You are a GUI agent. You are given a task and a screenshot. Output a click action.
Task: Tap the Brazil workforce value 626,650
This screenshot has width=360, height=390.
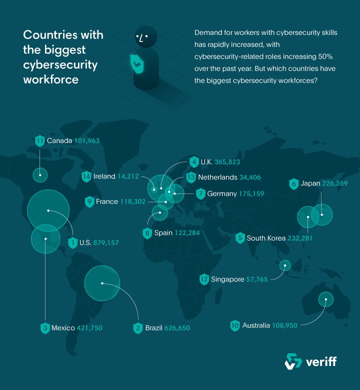click(174, 328)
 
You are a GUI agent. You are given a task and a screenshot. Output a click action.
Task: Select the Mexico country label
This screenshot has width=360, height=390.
click(63, 328)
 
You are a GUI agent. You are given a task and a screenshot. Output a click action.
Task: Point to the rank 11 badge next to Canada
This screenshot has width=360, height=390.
click(40, 140)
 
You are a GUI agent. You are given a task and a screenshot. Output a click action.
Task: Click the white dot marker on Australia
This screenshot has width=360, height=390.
click(326, 300)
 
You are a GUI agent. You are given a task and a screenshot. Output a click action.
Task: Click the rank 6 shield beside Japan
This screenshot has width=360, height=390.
click(293, 183)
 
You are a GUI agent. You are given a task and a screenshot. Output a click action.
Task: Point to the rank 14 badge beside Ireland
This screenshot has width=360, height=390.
click(86, 176)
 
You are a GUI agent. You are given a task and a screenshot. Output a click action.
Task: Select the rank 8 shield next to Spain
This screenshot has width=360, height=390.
click(147, 233)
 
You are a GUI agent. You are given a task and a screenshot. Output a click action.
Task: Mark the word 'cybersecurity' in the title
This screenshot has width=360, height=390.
click(60, 65)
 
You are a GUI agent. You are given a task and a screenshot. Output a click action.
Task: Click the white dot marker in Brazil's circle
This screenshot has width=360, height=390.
click(102, 283)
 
